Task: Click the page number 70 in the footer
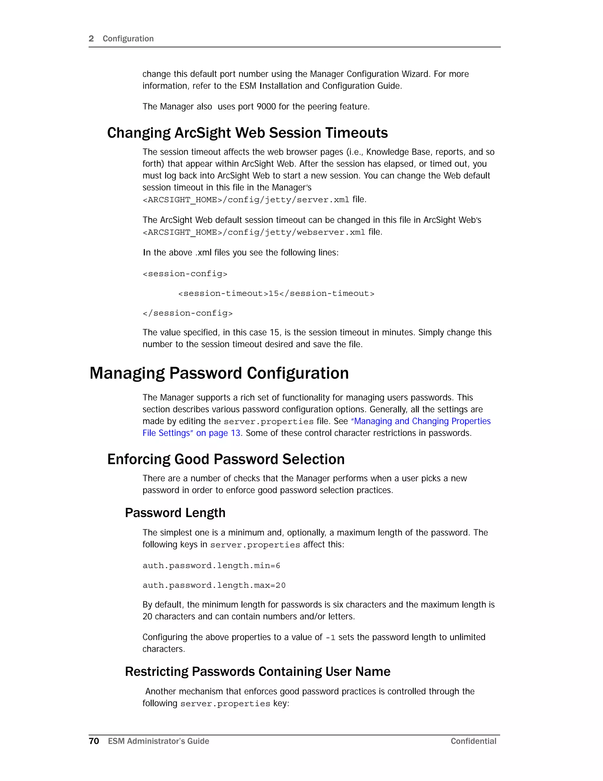coord(94,741)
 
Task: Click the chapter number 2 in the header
coord(91,39)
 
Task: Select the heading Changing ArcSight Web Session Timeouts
coord(247,133)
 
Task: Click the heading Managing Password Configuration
coord(219,373)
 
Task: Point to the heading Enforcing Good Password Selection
coord(226,459)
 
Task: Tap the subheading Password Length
coord(175,513)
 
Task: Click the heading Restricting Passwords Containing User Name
coord(258,672)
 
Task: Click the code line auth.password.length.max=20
coord(214,585)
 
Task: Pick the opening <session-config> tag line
coord(185,274)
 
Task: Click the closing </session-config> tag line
coord(188,313)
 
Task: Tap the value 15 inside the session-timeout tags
coord(273,294)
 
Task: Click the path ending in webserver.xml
coord(254,233)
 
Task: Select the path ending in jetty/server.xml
coord(246,200)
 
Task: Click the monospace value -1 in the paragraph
coord(330,637)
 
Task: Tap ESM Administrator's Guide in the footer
coord(158,741)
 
